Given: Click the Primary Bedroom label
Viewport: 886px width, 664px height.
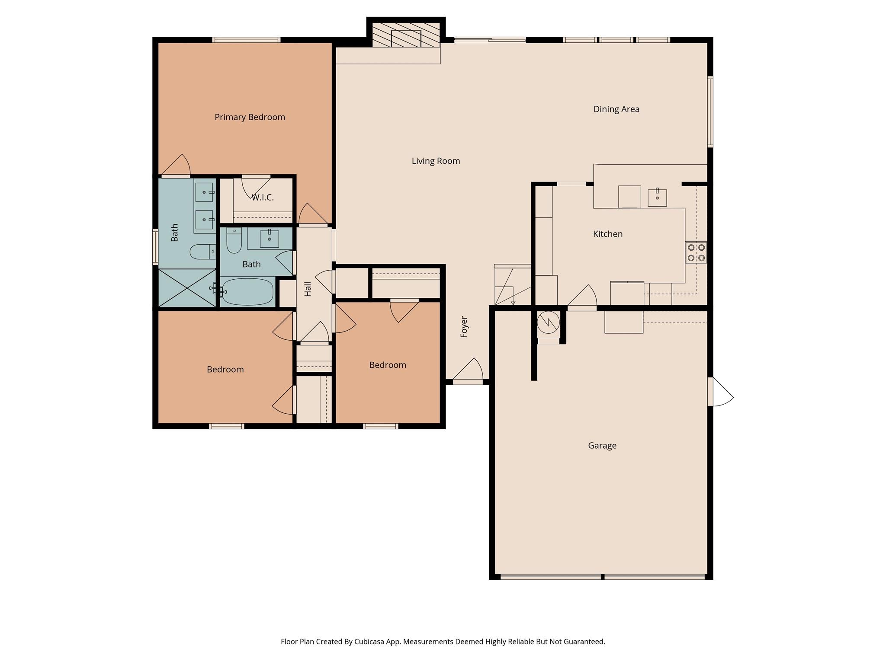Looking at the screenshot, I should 250,117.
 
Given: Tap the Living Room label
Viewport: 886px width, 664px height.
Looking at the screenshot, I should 436,161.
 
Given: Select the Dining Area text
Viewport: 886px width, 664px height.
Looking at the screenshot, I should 616,109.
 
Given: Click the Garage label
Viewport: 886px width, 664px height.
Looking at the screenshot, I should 602,445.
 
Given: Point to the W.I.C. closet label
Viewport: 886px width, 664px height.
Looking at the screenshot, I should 263,198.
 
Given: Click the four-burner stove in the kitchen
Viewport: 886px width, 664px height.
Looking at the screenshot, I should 696,253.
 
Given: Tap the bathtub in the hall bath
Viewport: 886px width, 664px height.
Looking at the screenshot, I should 247,292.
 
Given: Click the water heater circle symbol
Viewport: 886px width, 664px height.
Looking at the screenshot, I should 548,322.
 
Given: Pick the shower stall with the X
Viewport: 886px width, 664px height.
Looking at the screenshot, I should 187,287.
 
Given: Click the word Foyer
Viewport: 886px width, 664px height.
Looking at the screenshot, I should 464,327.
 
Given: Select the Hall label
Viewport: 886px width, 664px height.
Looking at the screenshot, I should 308,289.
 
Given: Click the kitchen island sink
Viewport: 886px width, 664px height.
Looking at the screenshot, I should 657,198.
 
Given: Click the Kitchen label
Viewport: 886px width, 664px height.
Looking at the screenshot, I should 607,234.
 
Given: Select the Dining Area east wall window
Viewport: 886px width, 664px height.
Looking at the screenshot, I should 710,112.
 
